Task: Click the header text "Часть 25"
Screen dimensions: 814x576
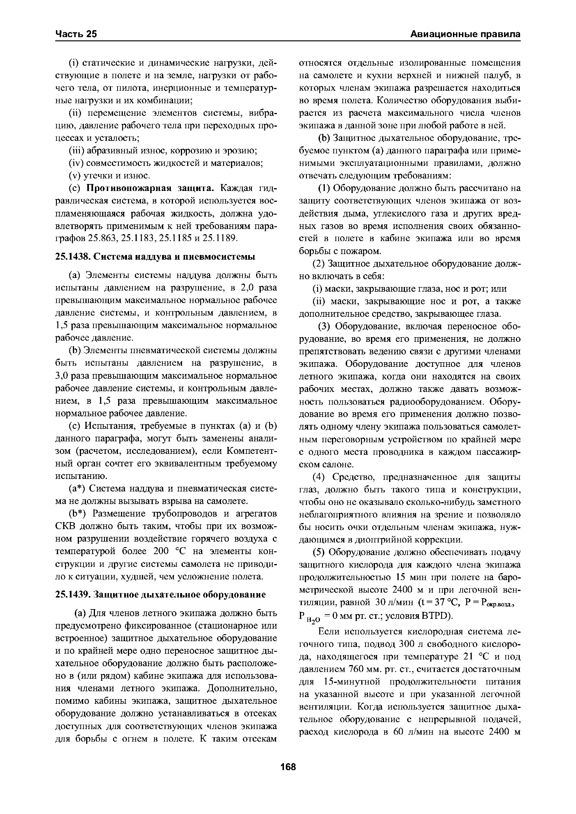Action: [x=76, y=34]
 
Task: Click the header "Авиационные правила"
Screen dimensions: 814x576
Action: [x=465, y=34]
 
